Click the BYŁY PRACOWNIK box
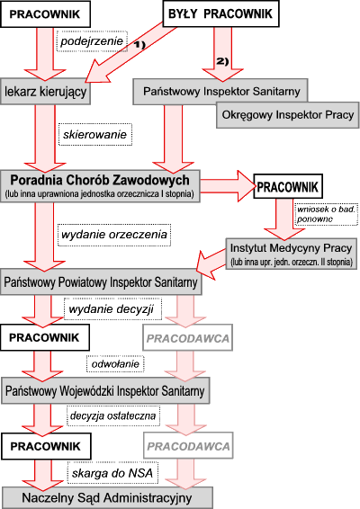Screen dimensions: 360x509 point(220,13)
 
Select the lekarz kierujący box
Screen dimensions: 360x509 point(46,91)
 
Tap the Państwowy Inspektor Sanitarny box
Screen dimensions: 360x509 point(220,91)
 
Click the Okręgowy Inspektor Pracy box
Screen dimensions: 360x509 point(288,115)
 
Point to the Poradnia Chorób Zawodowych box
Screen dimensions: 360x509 point(100,186)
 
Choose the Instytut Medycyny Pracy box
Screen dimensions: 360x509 point(291,254)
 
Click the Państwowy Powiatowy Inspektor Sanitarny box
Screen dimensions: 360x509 point(101,281)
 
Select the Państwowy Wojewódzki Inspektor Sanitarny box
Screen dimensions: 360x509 point(105,390)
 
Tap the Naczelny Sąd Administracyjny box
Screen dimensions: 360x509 point(107,498)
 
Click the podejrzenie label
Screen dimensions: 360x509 point(92,41)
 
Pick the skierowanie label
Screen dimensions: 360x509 point(95,134)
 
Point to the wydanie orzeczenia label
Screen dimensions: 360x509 point(114,235)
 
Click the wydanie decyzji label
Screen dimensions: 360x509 point(112,308)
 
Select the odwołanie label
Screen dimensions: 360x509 point(115,364)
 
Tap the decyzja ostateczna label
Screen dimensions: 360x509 point(113,415)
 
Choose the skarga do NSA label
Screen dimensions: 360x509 point(112,473)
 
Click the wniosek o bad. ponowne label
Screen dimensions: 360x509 point(326,214)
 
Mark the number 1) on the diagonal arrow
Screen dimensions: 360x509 point(139,44)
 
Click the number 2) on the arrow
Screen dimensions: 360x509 point(222,61)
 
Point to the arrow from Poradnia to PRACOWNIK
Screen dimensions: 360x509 point(229,186)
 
